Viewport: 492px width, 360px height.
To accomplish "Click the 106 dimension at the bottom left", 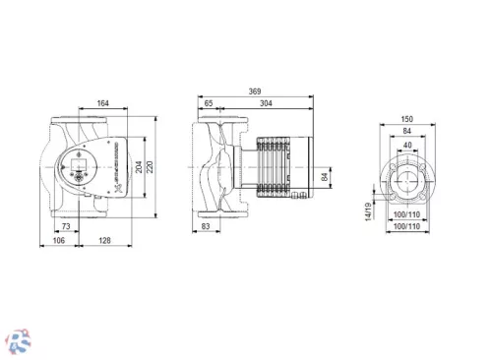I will tap(59, 240).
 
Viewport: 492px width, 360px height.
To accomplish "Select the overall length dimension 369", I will tap(254, 90).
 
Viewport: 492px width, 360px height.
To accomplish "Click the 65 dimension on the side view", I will tap(209, 102).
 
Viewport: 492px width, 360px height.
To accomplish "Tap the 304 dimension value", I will tap(268, 102).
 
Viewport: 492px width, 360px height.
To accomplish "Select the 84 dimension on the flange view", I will tap(408, 131).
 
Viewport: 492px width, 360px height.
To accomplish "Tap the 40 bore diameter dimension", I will tap(408, 144).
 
